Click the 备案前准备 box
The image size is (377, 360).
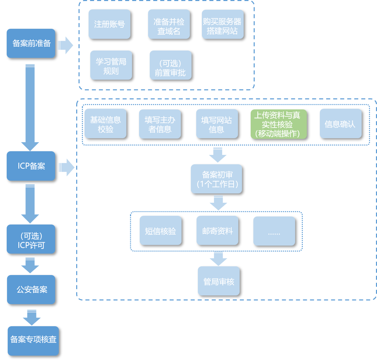pos(31,43)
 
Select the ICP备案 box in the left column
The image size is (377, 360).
pos(31,166)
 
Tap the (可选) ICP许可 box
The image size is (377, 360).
pos(31,239)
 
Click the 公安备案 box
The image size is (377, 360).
pos(31,289)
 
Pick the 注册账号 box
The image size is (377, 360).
pos(109,24)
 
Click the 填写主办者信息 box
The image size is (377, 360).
pos(160,124)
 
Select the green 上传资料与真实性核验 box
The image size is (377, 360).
pos(278,124)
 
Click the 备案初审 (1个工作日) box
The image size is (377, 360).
pos(216,179)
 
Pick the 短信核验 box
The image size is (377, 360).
pos(160,231)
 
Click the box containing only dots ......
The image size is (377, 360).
pos(274,231)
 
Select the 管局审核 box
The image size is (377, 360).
pos(219,281)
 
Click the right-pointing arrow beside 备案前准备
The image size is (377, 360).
pos(66,45)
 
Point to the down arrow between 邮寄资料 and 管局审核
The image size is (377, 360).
pos(218,258)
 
